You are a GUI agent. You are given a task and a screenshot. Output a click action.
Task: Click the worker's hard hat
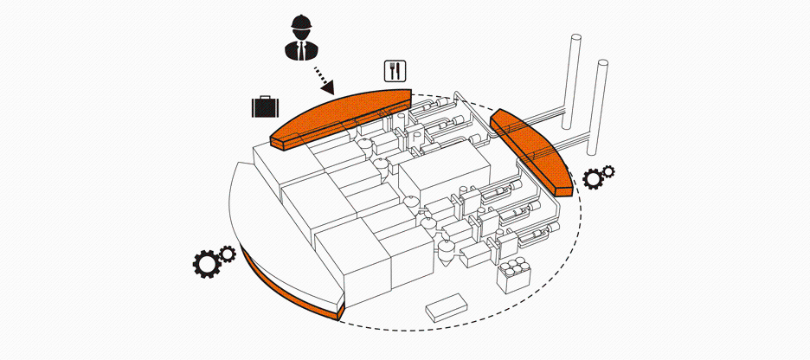tap(301, 22)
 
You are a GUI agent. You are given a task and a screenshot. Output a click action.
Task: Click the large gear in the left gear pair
tap(207, 263)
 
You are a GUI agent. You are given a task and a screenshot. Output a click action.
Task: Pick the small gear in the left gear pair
tap(228, 253)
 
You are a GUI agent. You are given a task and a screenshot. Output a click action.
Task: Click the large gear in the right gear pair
tap(595, 179)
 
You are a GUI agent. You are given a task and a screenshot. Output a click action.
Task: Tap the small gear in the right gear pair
tap(608, 171)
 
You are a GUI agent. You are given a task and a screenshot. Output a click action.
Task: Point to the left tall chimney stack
tap(574, 78)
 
